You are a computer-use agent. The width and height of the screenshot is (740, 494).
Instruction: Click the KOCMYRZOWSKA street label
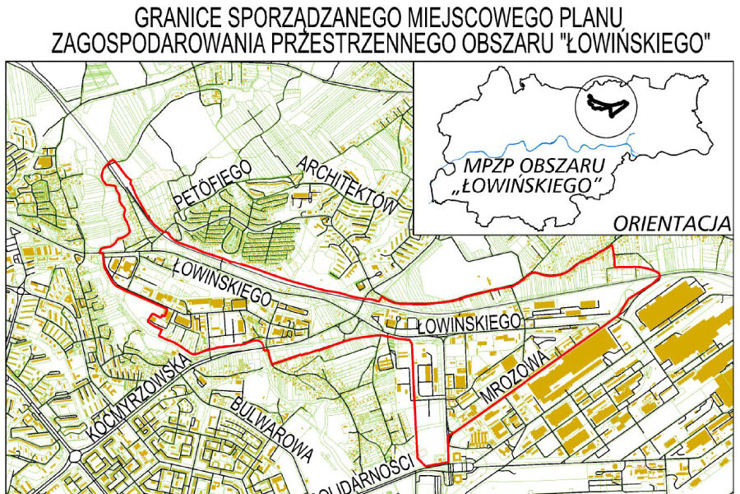(x=139, y=396)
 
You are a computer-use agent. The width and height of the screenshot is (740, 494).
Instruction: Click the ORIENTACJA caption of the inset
(x=672, y=223)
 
